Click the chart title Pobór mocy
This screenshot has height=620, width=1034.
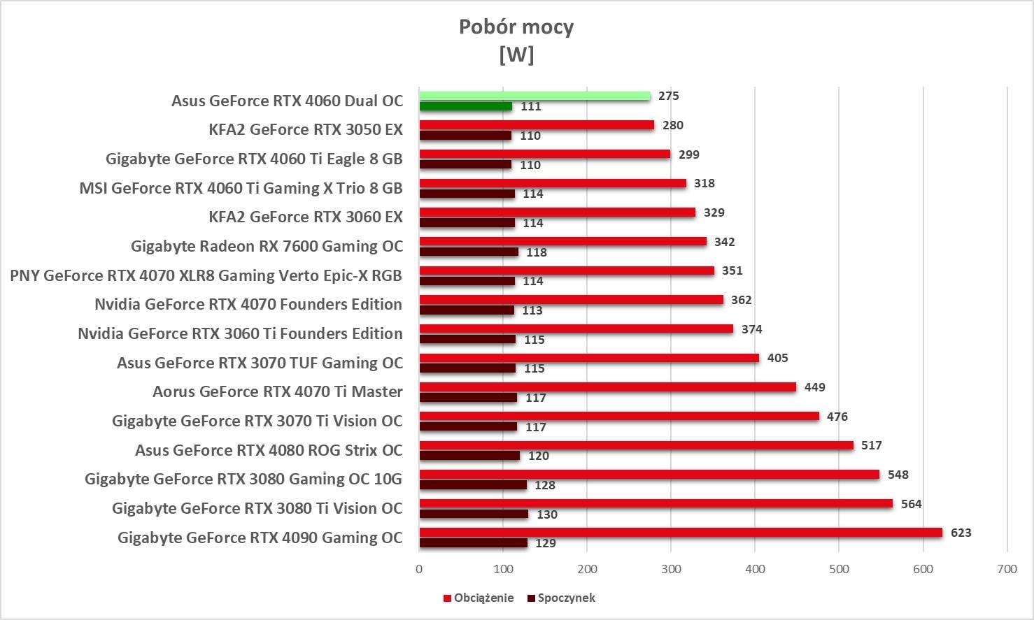[x=516, y=27]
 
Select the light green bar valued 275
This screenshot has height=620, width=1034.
[x=534, y=96]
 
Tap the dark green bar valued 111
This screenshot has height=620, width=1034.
[x=465, y=106]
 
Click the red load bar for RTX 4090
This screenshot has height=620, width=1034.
[x=681, y=533]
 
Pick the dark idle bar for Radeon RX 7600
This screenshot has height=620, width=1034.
[x=469, y=252]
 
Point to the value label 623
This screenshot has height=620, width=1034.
[x=961, y=533]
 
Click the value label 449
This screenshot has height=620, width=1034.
[x=814, y=387]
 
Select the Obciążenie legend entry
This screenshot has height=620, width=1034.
[x=479, y=598]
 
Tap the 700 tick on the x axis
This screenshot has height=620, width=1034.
[x=1007, y=569]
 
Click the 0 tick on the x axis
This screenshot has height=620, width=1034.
[x=419, y=569]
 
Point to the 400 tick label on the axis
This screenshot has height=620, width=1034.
[x=755, y=569]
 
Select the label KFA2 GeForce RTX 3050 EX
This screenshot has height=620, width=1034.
[x=306, y=129]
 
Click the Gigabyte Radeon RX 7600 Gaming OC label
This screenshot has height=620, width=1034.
[x=267, y=246]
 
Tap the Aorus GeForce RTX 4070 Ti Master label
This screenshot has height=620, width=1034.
[x=277, y=391]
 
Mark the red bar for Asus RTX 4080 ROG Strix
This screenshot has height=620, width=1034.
[x=636, y=445]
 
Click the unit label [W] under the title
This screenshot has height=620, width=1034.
[x=516, y=55]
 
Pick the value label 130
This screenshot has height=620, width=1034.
[x=547, y=514]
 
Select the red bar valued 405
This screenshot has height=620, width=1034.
[x=589, y=358]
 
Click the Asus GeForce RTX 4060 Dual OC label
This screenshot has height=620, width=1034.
[x=287, y=101]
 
